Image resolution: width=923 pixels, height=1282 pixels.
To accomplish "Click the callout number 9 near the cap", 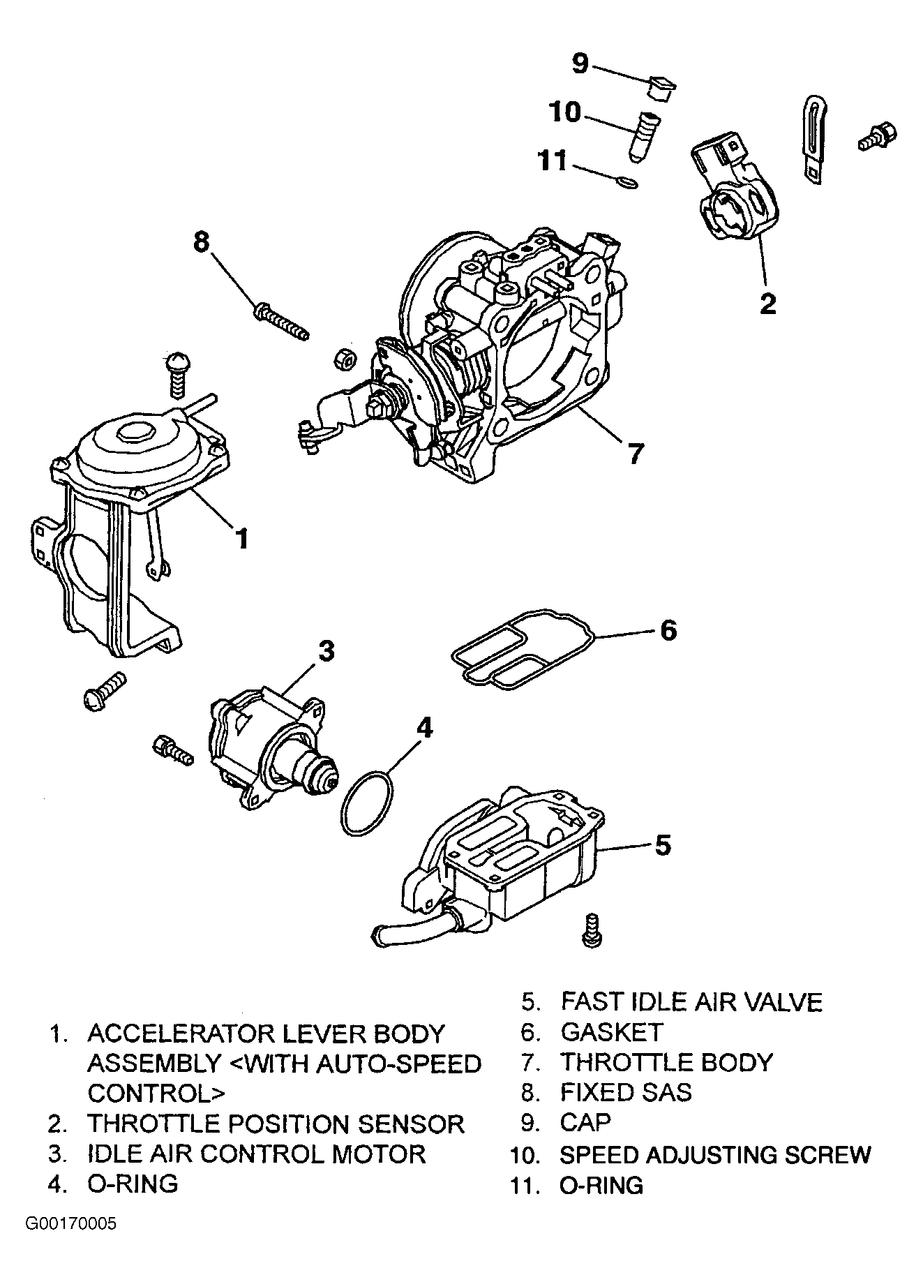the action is point(580,64).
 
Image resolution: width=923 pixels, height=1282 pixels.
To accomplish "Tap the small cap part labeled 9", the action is point(661,87).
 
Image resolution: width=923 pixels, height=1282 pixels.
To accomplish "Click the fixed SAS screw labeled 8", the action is point(282,322).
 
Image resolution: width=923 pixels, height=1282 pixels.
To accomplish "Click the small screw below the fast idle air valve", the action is point(592,930).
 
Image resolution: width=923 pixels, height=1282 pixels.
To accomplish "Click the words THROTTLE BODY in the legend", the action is point(667,1062).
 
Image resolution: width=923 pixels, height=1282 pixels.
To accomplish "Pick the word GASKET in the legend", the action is point(611,1031).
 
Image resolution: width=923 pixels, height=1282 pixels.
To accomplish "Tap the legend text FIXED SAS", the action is point(626,1092).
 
